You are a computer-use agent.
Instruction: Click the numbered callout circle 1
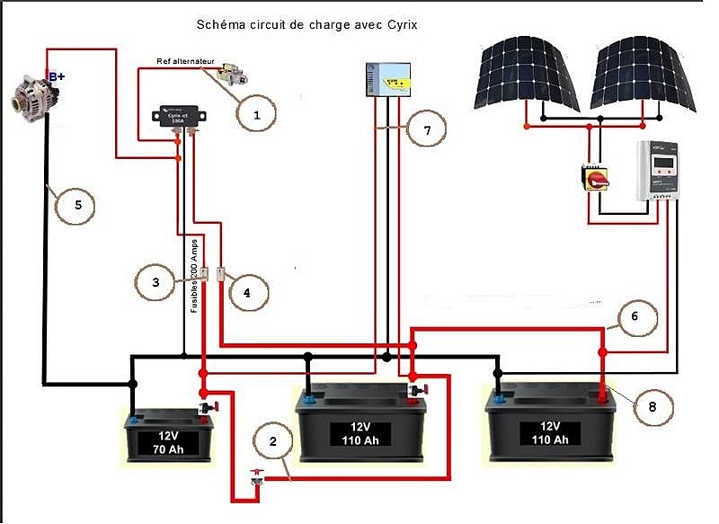256,114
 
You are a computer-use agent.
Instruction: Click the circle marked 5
77,205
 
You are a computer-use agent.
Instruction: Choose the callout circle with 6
634,316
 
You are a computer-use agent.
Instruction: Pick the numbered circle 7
426,129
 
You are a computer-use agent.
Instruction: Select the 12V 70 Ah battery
172,436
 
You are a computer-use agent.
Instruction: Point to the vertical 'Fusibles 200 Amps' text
194,270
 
